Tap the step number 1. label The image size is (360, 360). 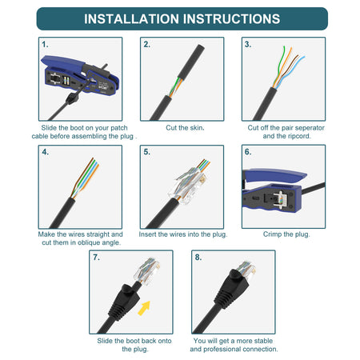46,45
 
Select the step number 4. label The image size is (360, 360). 46,152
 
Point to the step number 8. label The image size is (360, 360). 198,258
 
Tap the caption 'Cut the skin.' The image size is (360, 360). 185,128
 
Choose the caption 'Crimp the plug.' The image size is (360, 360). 286,234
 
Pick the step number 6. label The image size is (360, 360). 248,152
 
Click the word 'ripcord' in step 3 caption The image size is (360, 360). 302,137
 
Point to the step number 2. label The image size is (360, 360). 146,45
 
